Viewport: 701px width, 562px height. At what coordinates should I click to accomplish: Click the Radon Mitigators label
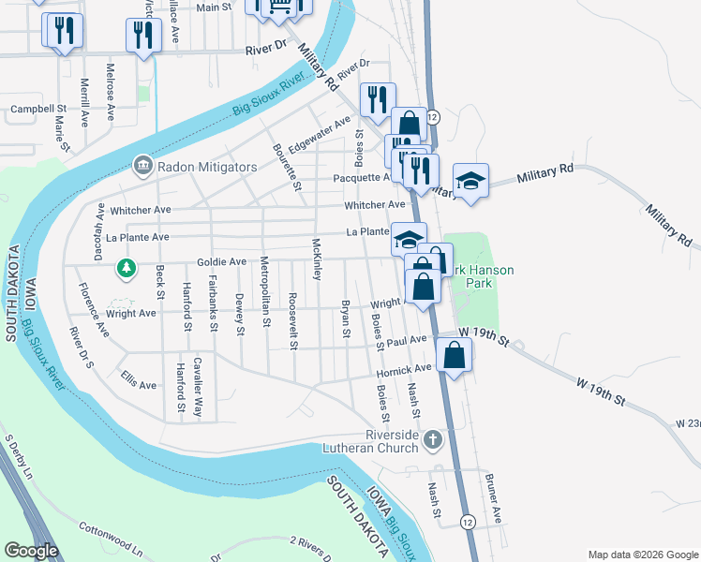206,167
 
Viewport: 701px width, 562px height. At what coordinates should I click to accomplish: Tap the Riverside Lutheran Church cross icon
432,437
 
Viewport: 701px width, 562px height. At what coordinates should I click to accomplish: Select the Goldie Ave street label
221,262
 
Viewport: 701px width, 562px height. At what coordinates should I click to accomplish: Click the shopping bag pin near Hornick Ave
455,355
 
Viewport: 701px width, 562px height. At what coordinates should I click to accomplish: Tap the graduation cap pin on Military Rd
470,179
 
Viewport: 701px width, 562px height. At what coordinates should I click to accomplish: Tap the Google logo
32,551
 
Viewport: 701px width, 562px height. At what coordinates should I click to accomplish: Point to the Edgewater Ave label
320,134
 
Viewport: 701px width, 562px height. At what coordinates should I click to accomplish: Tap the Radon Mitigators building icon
142,167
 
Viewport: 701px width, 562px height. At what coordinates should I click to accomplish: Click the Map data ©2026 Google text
642,555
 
